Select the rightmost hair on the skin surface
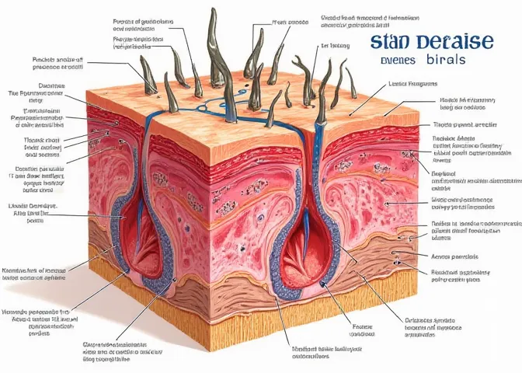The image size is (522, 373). (351, 85)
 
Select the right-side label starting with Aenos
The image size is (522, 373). (450, 256)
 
